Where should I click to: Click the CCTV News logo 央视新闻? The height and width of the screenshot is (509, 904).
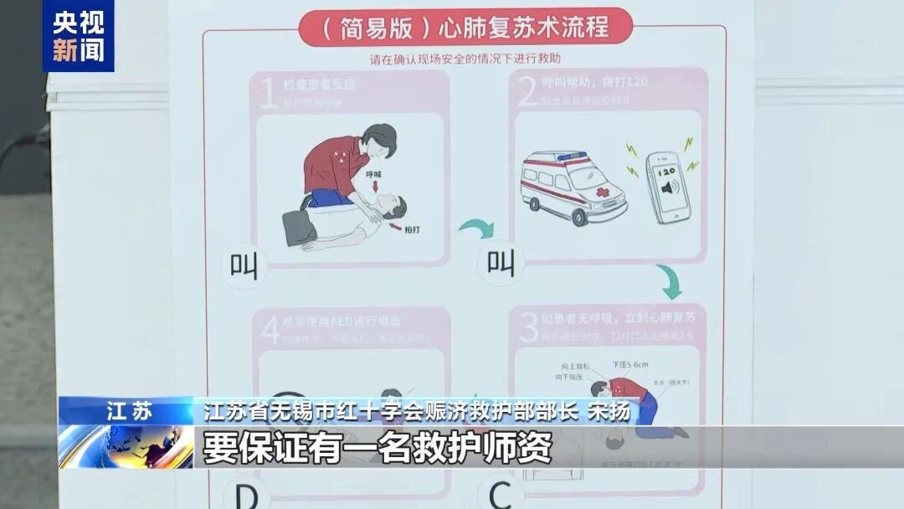[x=79, y=36]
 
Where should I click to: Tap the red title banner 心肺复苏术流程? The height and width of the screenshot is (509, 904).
[x=465, y=28]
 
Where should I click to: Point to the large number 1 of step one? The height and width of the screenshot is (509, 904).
[x=269, y=91]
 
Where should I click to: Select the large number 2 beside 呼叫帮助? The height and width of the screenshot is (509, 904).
[x=526, y=91]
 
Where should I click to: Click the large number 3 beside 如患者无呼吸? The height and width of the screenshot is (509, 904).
[x=528, y=327]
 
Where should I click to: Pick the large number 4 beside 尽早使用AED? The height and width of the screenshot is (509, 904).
[x=270, y=329]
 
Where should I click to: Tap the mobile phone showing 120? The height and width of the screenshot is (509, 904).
[x=668, y=187]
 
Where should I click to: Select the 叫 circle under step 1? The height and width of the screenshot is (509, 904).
[x=244, y=265]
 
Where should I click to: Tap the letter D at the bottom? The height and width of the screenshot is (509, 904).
[x=246, y=496]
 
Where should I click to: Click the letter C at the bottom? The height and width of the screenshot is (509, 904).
[x=501, y=496]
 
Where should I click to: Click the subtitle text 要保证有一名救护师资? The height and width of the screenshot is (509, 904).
[x=378, y=446]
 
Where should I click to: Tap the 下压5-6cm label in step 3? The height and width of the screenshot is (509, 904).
[x=629, y=365]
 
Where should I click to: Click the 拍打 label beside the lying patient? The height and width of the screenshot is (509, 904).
[x=413, y=229]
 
